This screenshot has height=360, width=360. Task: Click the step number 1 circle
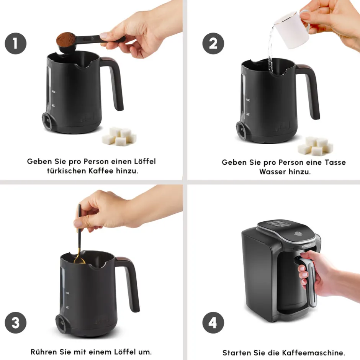point(16,43)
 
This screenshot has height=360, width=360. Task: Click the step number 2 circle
point(213,43)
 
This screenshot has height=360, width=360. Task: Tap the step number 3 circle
point(16,322)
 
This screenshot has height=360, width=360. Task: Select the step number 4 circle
point(213,322)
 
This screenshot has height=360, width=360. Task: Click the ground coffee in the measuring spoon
point(66,40)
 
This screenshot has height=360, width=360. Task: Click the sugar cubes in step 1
point(119,136)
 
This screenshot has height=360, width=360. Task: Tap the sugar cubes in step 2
point(315,146)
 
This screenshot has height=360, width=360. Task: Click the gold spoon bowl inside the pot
point(79,260)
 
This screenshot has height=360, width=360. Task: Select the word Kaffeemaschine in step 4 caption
point(313,353)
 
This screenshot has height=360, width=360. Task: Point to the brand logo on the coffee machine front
point(306,246)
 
